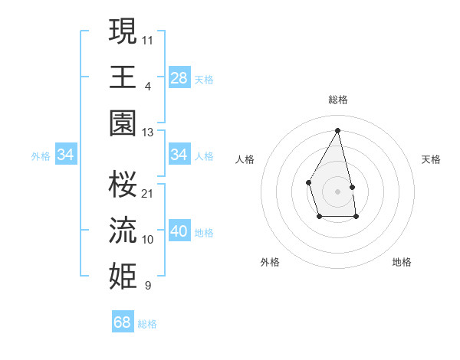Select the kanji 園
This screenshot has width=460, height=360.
tap(123, 123)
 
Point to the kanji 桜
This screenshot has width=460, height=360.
tap(123, 184)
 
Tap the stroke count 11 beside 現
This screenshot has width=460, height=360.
tap(148, 39)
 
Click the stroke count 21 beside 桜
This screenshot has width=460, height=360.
tap(148, 193)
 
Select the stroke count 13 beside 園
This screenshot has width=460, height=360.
tap(148, 133)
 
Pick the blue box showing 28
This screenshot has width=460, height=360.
tap(179, 77)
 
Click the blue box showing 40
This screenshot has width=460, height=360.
tap(179, 232)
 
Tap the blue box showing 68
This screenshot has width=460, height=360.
tap(123, 322)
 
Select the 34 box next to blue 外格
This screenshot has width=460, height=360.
tap(66, 155)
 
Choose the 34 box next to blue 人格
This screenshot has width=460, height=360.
tap(179, 155)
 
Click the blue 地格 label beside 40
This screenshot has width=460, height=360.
tap(204, 233)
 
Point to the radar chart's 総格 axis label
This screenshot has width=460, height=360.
tap(337, 100)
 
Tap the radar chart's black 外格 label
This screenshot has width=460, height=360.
tap(270, 262)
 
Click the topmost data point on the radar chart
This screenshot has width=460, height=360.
tap(337, 130)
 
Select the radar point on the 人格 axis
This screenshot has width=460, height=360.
tap(308, 182)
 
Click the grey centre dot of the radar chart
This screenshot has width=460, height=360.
tap(337, 191)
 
